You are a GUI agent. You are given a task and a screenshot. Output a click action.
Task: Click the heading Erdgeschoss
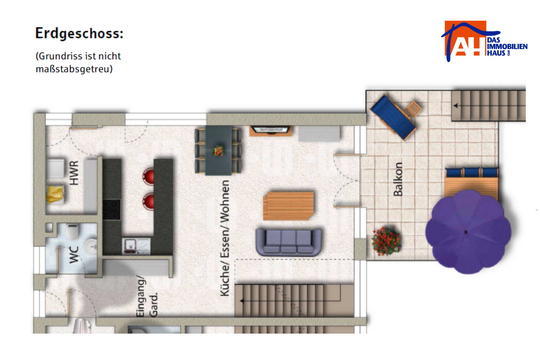[x=79, y=34]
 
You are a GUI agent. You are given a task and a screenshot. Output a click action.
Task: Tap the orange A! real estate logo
[x=484, y=41]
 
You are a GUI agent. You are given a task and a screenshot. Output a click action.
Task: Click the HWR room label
[x=74, y=173]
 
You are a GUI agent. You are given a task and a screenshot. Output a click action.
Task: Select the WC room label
[x=74, y=255]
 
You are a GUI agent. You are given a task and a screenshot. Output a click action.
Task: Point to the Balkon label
[x=398, y=179]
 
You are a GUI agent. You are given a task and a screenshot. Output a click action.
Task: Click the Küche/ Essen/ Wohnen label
[x=225, y=238]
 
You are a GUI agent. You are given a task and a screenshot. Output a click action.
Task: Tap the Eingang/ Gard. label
[x=147, y=296]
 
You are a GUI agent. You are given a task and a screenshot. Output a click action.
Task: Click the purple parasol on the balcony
[x=468, y=232]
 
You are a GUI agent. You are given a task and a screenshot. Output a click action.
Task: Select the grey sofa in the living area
[x=289, y=241]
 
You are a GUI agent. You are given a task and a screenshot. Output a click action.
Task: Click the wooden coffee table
[x=289, y=206]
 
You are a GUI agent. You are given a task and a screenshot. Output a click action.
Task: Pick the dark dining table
[x=219, y=151]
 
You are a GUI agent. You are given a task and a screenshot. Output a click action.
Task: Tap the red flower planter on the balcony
[x=386, y=241]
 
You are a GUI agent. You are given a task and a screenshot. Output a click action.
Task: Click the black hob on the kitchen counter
[x=112, y=210]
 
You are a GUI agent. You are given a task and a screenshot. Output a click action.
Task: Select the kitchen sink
[x=131, y=246]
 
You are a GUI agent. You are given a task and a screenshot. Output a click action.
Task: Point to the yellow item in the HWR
[x=55, y=194]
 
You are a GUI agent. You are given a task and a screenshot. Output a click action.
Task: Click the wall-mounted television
[x=270, y=131]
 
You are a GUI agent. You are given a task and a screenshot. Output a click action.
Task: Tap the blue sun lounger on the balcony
[x=393, y=117]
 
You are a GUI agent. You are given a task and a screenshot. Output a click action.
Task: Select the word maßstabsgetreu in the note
[x=74, y=69]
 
